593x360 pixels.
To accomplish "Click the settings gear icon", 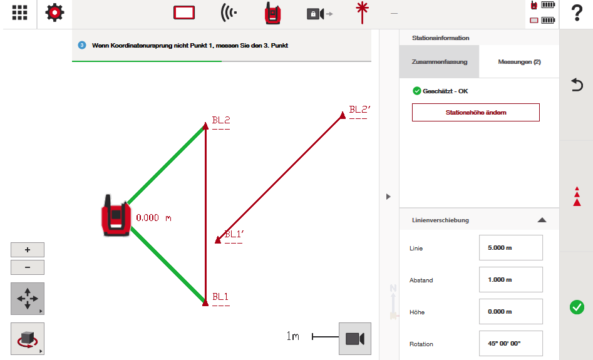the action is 54,13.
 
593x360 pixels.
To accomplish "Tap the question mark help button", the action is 577,13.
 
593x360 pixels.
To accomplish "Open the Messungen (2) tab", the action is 519,61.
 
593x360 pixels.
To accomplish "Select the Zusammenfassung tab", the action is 439,61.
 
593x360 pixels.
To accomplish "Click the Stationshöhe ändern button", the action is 476,112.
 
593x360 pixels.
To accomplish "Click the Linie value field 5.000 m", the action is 510,248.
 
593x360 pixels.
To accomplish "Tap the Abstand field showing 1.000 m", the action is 510,279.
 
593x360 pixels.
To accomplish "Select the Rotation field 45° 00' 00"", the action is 510,343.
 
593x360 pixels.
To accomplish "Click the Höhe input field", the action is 510,312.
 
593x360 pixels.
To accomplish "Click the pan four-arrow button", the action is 27,299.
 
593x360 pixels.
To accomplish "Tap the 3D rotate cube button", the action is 27,339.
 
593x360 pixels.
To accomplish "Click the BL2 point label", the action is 221,120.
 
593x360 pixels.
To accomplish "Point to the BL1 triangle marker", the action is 205,303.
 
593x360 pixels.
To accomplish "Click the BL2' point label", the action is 359,110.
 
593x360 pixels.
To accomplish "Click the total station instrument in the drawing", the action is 116,216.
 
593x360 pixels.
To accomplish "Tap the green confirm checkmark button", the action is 577,307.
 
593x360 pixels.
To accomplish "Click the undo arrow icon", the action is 577,85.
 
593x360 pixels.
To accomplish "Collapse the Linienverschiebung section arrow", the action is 542,220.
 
